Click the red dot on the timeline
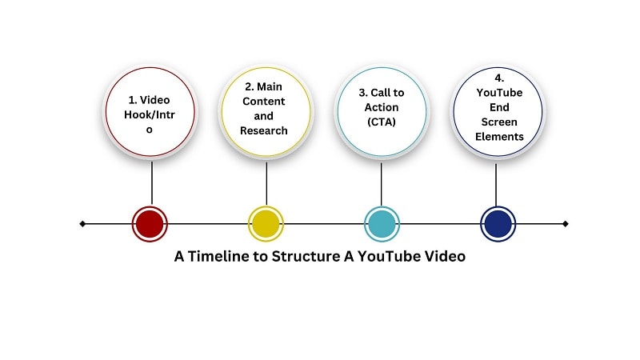point(150,224)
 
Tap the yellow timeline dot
point(266,224)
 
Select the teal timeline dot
point(381,224)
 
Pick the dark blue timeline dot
point(497,224)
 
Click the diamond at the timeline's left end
point(82,224)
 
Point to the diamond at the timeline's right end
point(566,224)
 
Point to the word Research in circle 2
point(266,130)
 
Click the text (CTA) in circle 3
point(381,122)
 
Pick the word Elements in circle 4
point(497,137)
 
